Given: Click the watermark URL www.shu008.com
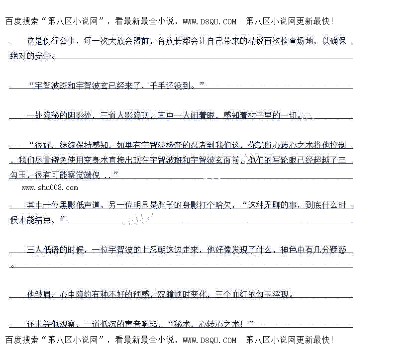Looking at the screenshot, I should (x=50, y=187).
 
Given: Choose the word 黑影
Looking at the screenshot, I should (x=68, y=205).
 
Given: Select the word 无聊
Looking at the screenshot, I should (x=272, y=205).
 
